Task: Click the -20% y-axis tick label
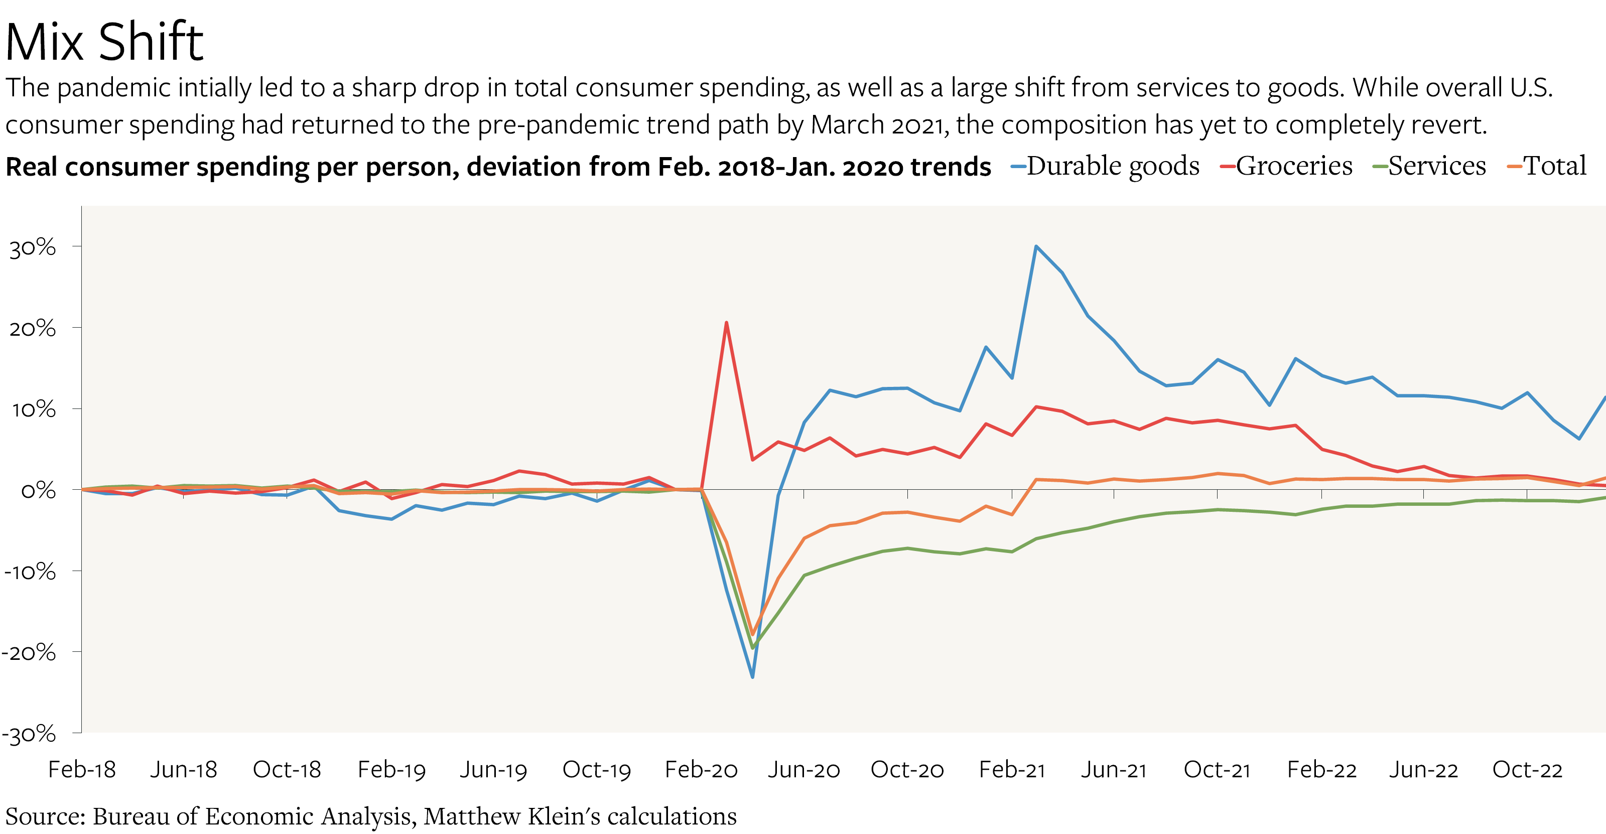click(x=29, y=653)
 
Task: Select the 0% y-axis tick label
click(x=38, y=491)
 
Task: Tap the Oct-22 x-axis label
click(x=1527, y=770)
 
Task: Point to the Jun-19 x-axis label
click(x=493, y=770)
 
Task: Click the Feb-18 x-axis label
click(x=82, y=770)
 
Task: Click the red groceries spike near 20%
click(x=726, y=323)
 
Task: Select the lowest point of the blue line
click(x=752, y=677)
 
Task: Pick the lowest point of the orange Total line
click(x=752, y=634)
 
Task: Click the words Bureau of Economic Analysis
click(x=252, y=816)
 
